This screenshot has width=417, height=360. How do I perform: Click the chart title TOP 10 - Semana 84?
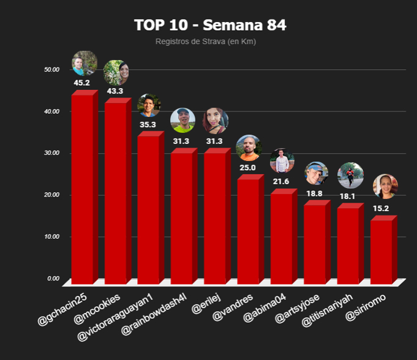pyautogui.click(x=210, y=25)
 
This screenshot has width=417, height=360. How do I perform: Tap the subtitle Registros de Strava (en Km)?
pyautogui.click(x=205, y=42)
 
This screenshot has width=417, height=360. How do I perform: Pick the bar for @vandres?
pyautogui.click(x=248, y=231)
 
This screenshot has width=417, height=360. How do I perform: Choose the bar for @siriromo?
pyautogui.click(x=381, y=251)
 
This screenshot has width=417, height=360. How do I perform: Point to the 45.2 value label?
pyautogui.click(x=82, y=83)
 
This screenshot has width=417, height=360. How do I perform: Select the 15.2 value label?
pyautogui.click(x=381, y=209)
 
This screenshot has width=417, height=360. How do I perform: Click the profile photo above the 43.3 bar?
pyautogui.click(x=116, y=73)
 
